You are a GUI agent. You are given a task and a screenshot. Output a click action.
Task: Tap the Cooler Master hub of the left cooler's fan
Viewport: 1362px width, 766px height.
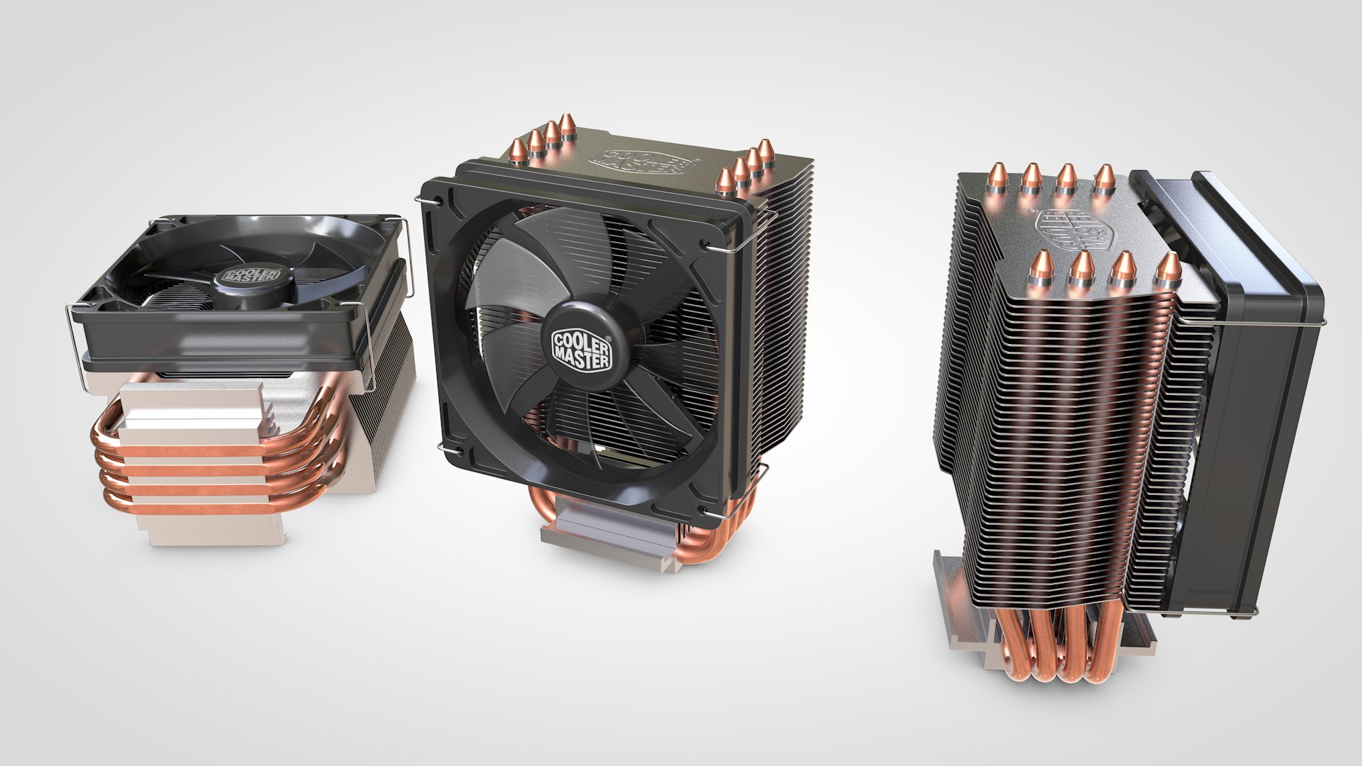251,277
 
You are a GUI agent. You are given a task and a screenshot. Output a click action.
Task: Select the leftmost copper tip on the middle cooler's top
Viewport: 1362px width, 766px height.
519,150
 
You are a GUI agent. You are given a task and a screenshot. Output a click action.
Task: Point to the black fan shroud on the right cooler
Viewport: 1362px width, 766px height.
1256,426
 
